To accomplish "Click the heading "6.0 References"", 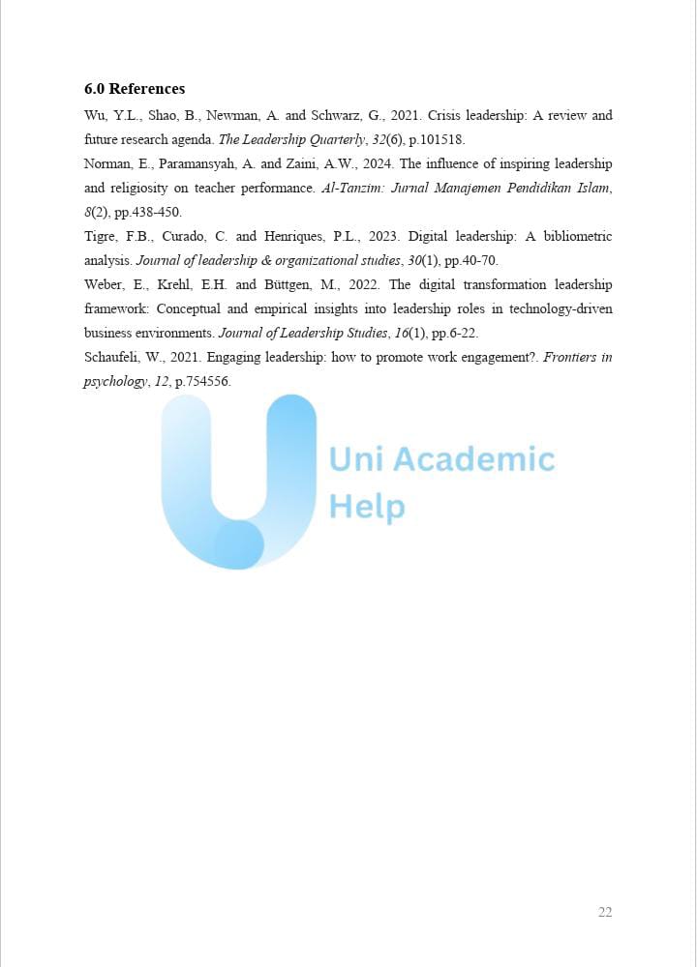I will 135,89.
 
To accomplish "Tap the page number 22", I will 605,912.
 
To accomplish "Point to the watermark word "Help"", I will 367,506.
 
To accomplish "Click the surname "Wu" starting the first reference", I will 94,116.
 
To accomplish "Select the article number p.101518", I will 437,140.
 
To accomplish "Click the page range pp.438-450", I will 147,213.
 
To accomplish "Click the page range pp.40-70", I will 470,261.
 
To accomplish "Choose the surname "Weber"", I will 105,285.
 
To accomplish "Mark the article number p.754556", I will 202,382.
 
